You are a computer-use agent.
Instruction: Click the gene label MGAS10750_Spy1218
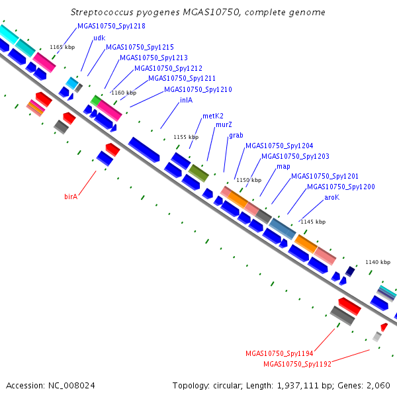click(111, 26)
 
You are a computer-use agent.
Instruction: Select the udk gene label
click(99, 38)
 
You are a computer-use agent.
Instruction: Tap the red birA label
click(71, 197)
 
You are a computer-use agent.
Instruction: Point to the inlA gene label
click(186, 101)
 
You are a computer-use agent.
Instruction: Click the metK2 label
click(213, 116)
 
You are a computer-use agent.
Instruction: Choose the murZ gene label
click(224, 124)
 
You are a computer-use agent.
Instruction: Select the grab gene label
click(236, 136)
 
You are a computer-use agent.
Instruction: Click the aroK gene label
click(331, 197)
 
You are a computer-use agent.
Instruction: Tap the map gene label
click(283, 167)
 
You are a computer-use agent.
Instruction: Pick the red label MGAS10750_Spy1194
click(279, 353)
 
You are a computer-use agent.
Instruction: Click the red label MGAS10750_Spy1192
click(298, 364)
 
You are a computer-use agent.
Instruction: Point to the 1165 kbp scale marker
click(62, 47)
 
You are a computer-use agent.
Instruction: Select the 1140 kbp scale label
click(378, 262)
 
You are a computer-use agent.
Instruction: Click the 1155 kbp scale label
click(186, 137)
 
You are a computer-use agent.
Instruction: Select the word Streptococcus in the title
click(102, 12)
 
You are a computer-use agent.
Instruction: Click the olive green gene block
click(198, 173)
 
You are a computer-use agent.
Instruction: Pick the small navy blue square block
click(350, 271)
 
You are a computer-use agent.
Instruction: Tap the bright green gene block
click(96, 101)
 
